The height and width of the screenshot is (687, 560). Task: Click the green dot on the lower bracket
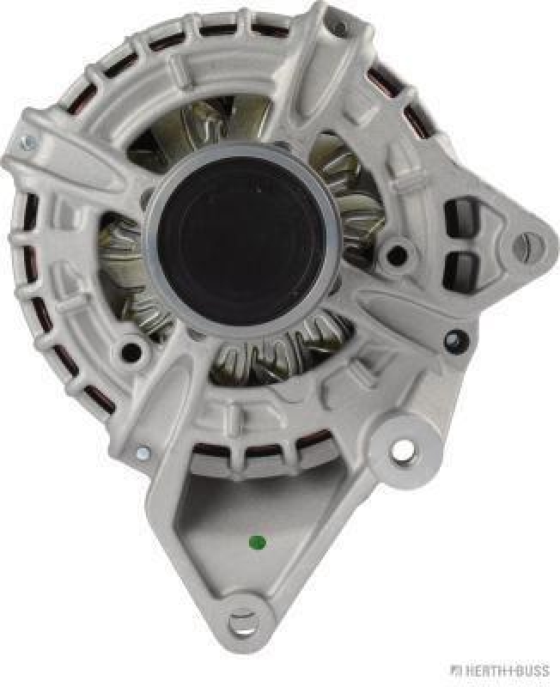pos(257,543)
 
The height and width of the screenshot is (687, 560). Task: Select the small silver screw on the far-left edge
pos(27,143)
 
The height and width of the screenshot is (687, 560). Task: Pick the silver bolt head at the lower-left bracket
pos(142,453)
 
